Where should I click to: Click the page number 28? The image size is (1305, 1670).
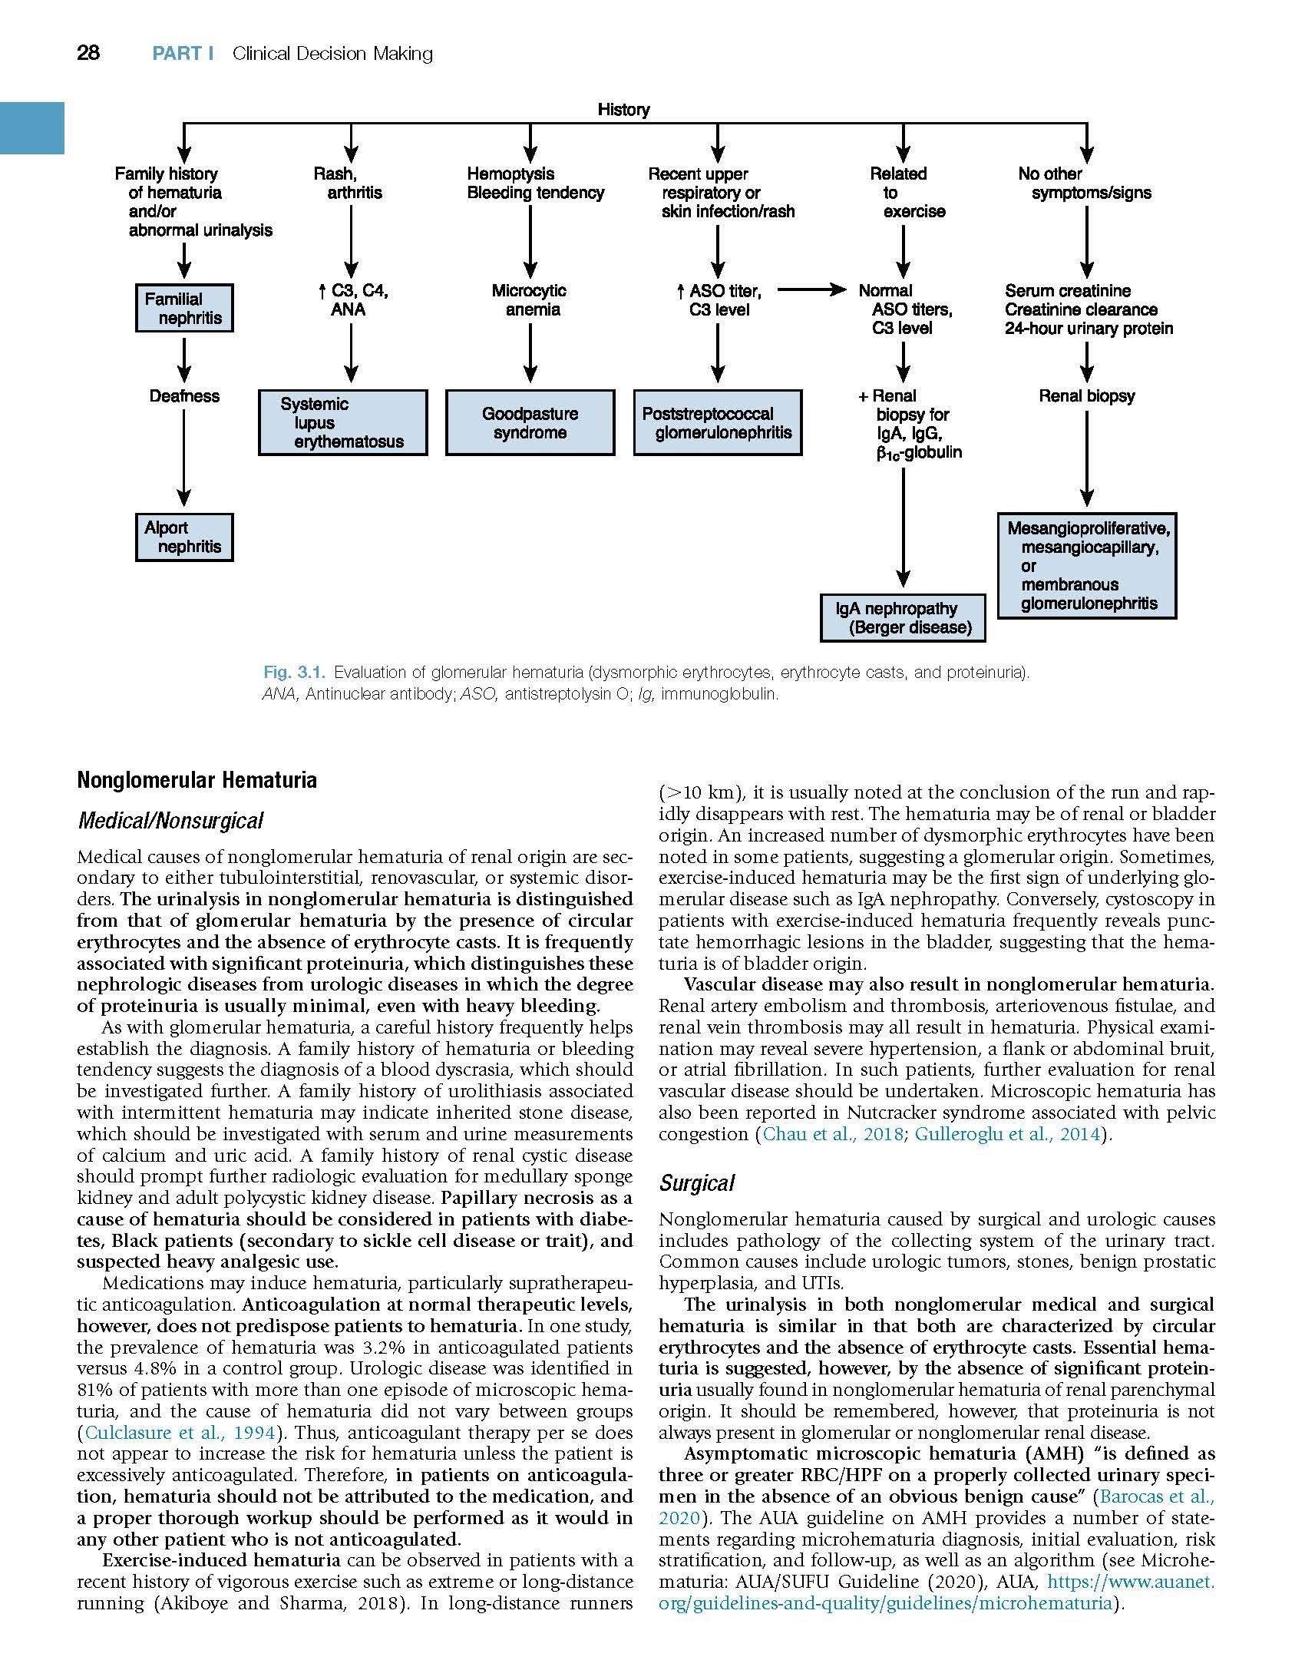coord(88,53)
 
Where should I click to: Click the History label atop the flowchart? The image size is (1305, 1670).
coord(623,110)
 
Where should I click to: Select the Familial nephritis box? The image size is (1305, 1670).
coord(184,309)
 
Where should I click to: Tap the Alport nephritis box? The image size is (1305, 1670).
coord(184,537)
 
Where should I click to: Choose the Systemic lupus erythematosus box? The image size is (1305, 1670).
coord(342,423)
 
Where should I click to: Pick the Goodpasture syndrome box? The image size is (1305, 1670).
coord(530,423)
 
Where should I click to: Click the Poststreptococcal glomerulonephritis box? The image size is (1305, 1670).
coord(717,423)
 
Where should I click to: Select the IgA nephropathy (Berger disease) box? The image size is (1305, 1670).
coord(903,618)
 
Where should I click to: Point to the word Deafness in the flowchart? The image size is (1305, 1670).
coord(184,396)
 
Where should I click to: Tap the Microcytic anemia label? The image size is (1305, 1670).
coord(529,300)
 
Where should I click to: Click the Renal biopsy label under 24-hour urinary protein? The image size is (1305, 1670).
coord(1086,396)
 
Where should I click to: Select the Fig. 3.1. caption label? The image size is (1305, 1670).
coord(295,673)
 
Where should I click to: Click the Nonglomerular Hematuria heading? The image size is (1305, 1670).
coord(197,780)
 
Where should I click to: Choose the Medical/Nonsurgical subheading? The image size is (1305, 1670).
coord(170,821)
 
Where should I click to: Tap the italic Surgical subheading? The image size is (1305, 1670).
coord(696,1183)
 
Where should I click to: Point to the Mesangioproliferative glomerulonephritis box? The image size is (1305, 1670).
coord(1087,566)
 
